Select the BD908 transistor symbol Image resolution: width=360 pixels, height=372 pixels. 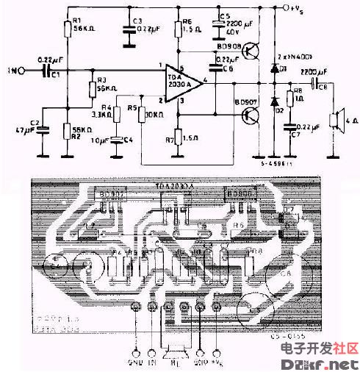(x=251, y=51)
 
